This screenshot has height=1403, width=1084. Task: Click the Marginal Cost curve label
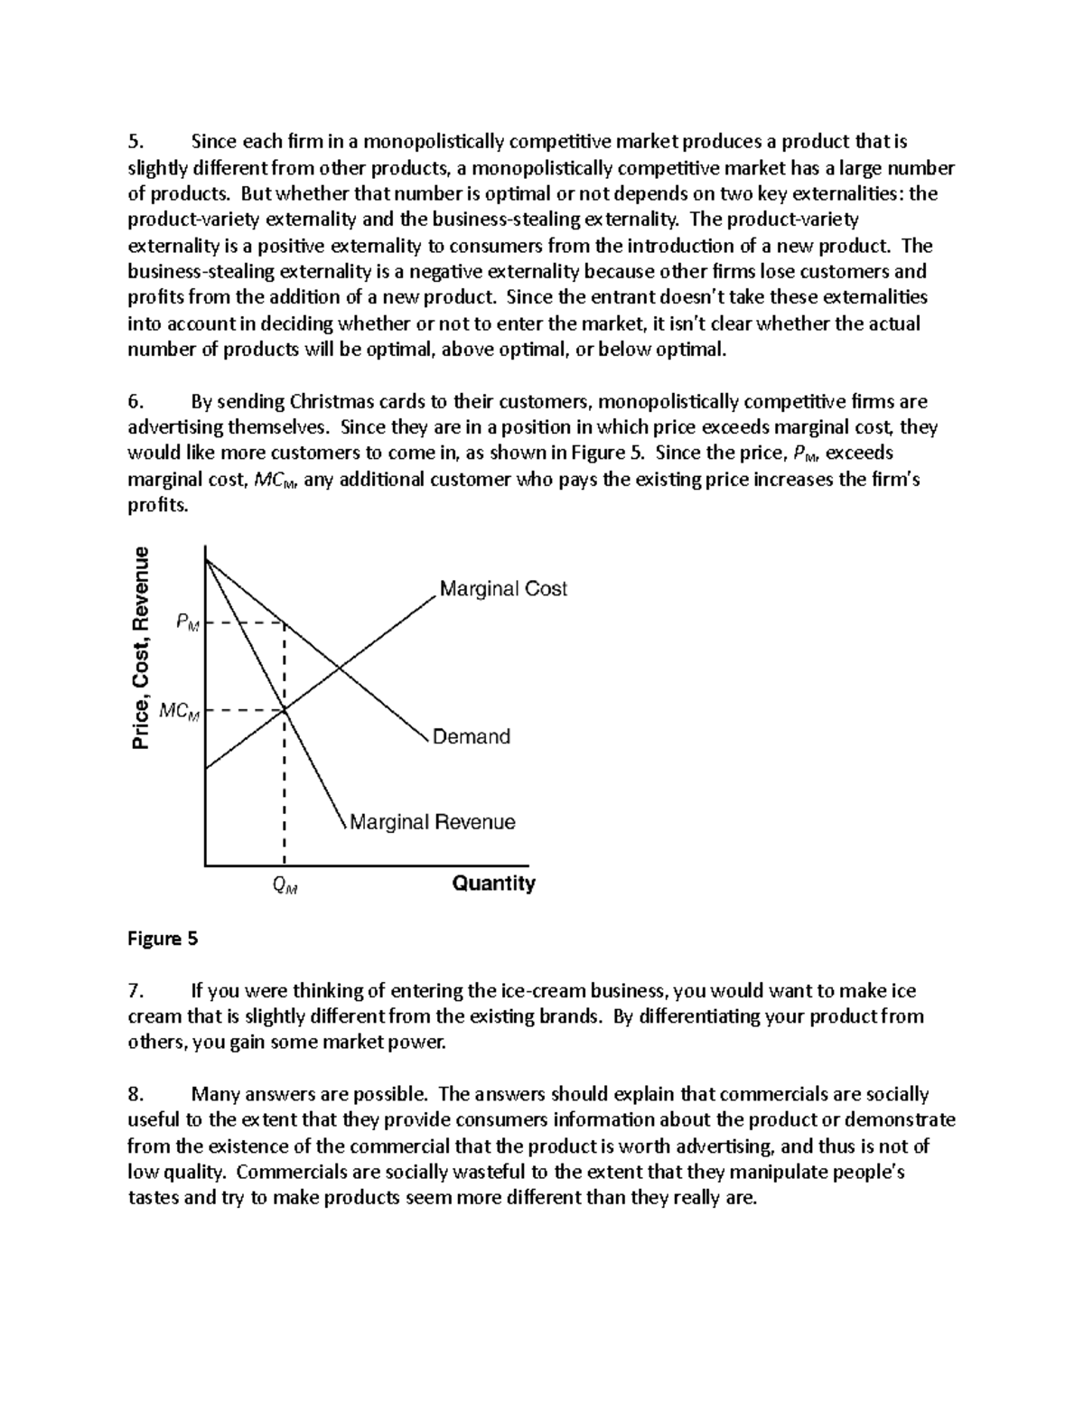(502, 589)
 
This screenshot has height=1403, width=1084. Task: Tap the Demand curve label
(471, 737)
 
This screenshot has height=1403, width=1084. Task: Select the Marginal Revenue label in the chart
(432, 822)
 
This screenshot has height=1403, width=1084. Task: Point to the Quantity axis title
(493, 884)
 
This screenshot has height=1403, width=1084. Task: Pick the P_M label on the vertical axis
(187, 622)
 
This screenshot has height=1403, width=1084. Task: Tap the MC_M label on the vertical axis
(178, 711)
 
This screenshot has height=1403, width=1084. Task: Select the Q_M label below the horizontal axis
(285, 886)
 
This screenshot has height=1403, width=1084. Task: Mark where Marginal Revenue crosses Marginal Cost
(285, 711)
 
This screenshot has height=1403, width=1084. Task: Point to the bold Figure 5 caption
(163, 939)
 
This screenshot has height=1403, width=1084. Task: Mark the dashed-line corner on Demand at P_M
(285, 622)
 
